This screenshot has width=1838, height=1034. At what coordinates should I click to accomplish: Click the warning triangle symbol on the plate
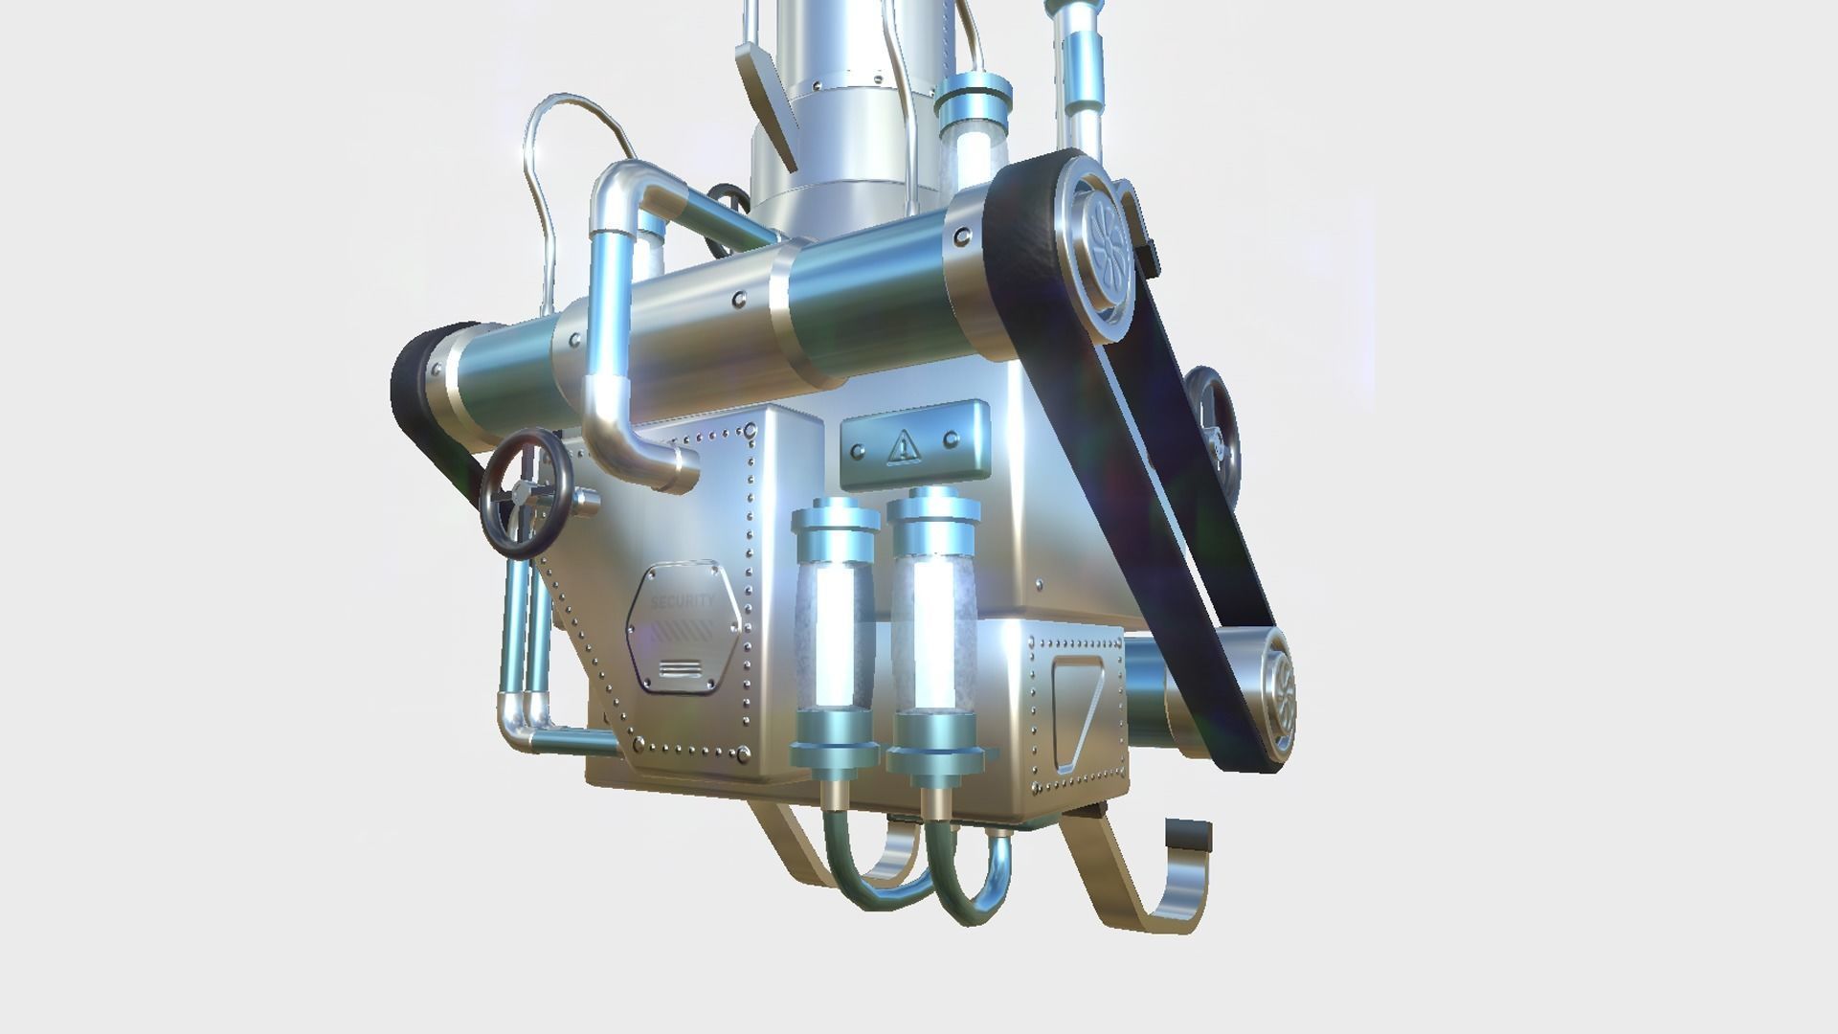tap(903, 445)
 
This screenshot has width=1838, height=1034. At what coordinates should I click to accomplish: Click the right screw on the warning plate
tap(951, 439)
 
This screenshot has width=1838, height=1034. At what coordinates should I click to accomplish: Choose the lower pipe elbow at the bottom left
tap(521, 724)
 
